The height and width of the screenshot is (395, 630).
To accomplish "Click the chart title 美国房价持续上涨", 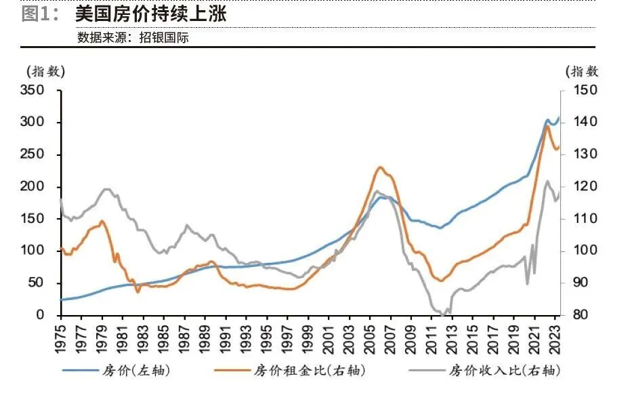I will [150, 13].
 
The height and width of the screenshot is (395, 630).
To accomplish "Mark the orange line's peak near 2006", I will [381, 167].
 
